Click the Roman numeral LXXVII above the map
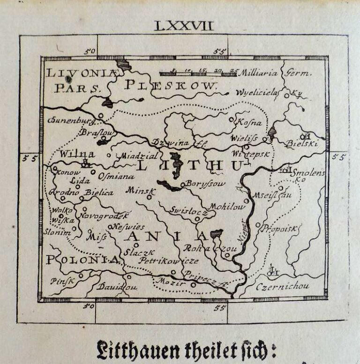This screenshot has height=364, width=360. tap(183, 26)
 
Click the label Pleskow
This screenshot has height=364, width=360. tap(172, 85)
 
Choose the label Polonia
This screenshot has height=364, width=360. tap(82, 260)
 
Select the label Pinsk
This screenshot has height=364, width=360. tap(63, 281)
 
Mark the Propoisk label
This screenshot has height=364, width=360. tap(279, 228)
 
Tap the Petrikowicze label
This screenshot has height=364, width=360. tap(170, 260)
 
